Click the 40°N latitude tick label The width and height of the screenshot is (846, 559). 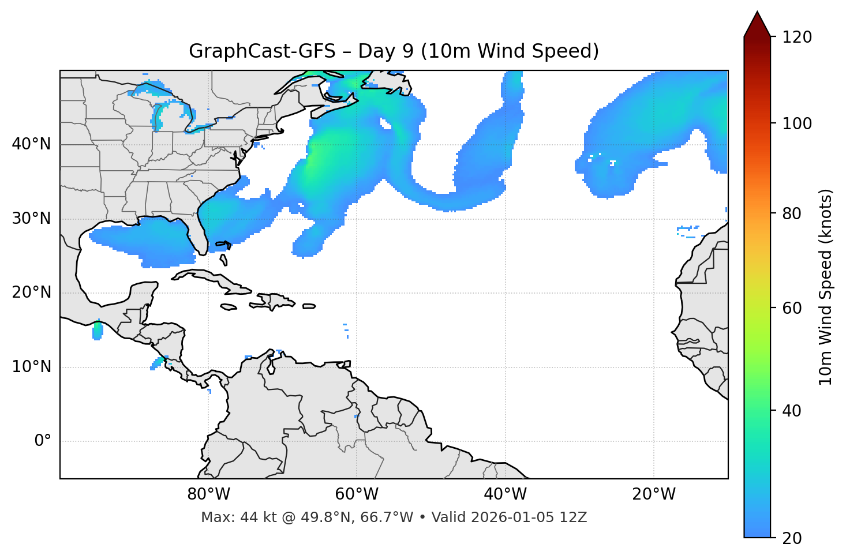[31, 144]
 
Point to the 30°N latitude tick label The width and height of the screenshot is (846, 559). [31, 219]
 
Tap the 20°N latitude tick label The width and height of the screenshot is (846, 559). [31, 292]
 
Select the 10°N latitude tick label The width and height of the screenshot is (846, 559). [31, 367]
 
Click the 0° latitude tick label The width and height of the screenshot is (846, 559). [42, 441]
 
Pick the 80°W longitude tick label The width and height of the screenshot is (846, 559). [208, 494]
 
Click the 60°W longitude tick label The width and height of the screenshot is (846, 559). [357, 494]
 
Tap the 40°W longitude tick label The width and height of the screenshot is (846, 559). [505, 494]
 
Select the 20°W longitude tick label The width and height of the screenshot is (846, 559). [654, 494]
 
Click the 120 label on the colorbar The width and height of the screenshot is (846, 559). [797, 37]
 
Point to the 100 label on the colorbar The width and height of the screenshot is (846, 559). [797, 123]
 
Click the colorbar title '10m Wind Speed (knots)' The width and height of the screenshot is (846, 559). [826, 287]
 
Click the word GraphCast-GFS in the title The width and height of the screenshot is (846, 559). [262, 51]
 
